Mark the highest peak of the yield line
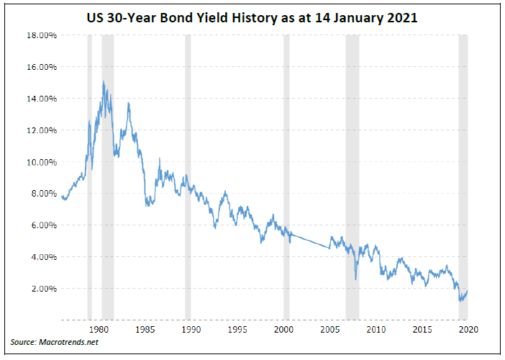pos(104,82)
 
